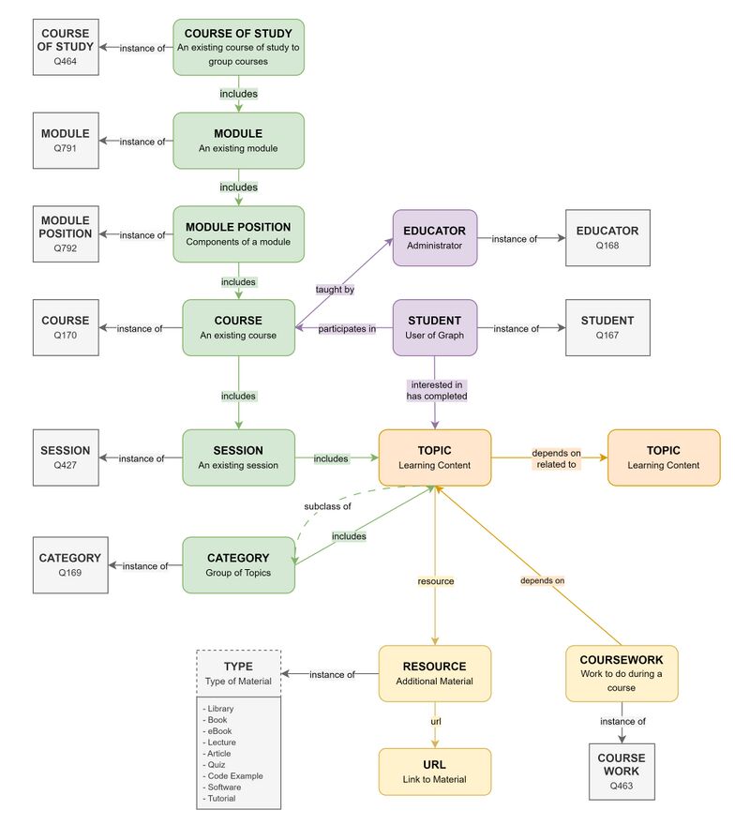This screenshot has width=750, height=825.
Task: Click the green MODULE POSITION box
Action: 238,234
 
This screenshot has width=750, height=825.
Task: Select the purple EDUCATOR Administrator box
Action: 434,238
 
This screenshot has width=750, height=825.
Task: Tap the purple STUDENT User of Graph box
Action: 434,328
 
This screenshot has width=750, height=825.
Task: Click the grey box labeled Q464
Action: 67,47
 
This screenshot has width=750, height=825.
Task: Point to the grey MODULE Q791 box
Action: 66,141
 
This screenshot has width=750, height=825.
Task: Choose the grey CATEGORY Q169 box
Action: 69,565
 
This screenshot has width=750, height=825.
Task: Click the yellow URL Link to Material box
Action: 434,772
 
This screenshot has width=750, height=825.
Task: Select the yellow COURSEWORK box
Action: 621,673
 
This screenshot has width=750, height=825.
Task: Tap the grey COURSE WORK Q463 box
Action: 622,772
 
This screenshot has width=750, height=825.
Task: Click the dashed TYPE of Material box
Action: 239,673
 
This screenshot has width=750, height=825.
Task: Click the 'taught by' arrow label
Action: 335,290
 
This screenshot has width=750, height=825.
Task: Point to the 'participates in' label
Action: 347,328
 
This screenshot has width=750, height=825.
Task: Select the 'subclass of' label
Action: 327,506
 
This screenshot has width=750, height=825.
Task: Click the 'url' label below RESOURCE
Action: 435,721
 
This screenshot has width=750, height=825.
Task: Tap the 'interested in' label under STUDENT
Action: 435,385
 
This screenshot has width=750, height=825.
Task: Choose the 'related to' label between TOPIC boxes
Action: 557,464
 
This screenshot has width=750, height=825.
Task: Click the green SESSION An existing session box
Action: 238,457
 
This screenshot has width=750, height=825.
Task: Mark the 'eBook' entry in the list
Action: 219,731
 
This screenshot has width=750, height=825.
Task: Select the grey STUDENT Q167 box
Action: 607,328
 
